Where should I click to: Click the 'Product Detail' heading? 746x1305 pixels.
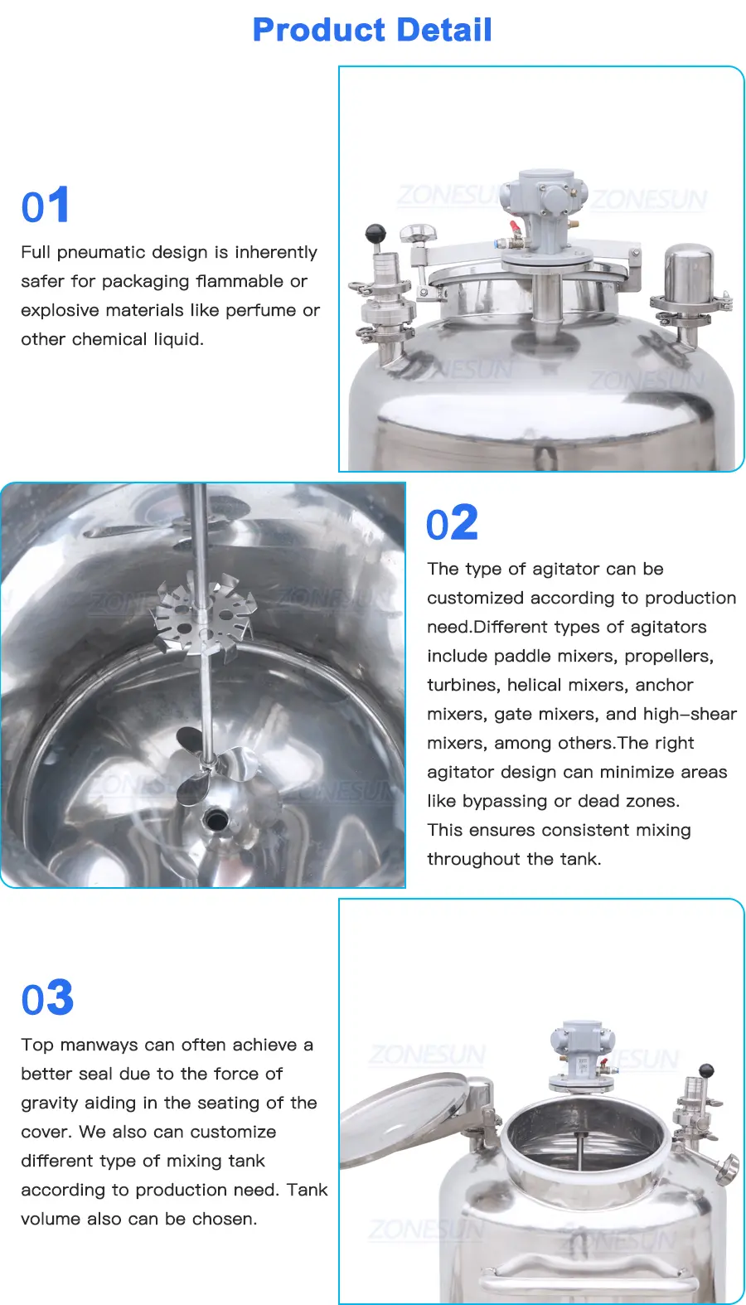click(x=372, y=30)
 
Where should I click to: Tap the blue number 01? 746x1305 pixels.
click(x=46, y=205)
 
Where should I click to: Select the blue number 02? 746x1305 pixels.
click(x=452, y=522)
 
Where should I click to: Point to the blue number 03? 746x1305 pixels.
click(x=47, y=998)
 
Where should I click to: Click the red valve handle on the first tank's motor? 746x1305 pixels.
click(x=516, y=228)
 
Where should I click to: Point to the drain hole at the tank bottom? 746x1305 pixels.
click(x=216, y=820)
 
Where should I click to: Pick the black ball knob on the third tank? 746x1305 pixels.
click(x=706, y=1070)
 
